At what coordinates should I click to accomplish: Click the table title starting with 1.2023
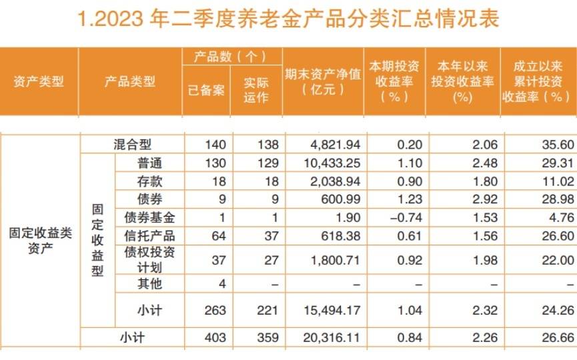[x=288, y=19]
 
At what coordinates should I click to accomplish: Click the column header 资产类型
[x=39, y=82]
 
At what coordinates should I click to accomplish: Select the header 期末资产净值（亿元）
[x=323, y=81]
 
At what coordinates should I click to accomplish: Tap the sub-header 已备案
[x=206, y=91]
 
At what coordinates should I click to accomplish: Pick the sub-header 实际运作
[x=255, y=91]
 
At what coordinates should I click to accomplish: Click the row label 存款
[x=144, y=181]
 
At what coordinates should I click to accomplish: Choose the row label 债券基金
[x=149, y=217]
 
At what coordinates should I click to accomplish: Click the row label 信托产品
[x=149, y=235]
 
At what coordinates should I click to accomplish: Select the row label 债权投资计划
[x=149, y=260]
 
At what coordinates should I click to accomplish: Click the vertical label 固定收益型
[x=97, y=240]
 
